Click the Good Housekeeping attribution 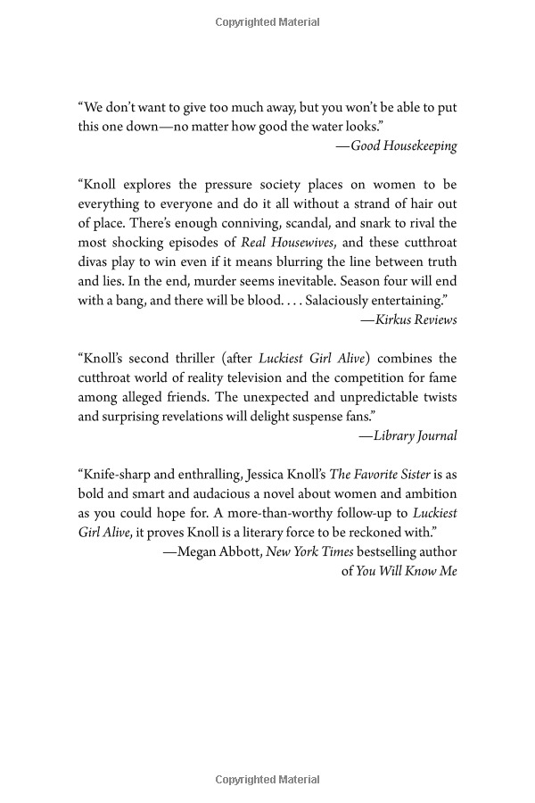404,145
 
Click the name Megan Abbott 215,552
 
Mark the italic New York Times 309,552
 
